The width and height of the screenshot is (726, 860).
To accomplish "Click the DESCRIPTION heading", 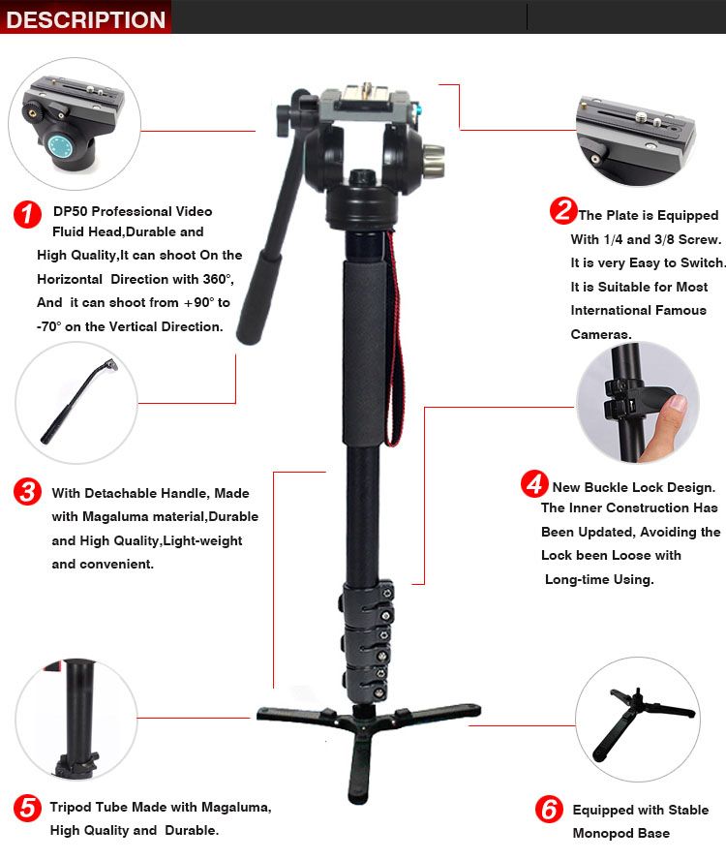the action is coord(85,19).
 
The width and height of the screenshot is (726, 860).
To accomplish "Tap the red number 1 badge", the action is coord(27,214).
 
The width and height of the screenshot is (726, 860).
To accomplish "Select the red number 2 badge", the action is coord(563,210).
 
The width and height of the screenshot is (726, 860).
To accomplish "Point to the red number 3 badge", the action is coord(27,491).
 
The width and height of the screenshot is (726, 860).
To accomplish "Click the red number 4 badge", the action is coord(534,484).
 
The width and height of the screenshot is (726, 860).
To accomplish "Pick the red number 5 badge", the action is coord(27,808).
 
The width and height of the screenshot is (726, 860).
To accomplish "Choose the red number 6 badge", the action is coord(550,809).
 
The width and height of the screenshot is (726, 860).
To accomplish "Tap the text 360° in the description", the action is coord(218,279).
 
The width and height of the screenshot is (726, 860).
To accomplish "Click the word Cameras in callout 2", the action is coord(601,334).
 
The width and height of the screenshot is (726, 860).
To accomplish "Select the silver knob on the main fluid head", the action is coord(434,161).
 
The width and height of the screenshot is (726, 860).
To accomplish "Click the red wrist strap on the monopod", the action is coord(395,339).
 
